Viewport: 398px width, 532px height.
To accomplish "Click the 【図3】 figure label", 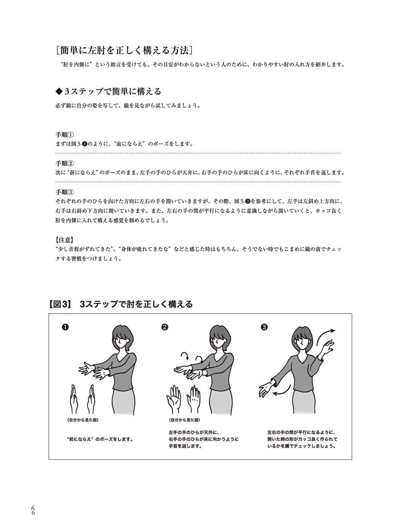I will pos(60,304).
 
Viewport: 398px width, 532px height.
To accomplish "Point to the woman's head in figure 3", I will pos(302,336).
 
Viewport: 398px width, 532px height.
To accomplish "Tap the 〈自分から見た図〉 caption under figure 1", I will pos(81,420).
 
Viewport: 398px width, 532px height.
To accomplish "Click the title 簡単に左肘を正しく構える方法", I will pos(125,51).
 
